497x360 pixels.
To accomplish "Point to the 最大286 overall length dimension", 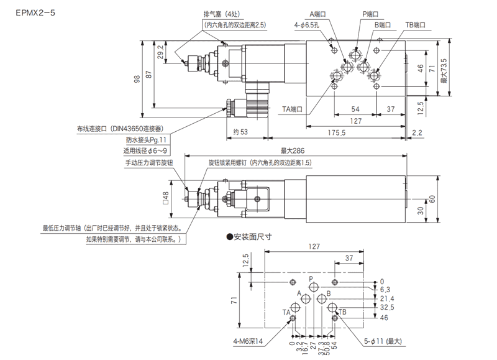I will pyautogui.click(x=292, y=150).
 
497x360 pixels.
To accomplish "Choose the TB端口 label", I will pyautogui.click(x=417, y=24).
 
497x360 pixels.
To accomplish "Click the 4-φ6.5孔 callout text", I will pyautogui.click(x=306, y=24).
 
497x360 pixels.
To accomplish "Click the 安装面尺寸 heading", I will pyautogui.click(x=252, y=237).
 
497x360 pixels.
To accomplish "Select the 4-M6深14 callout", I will pyautogui.click(x=248, y=341).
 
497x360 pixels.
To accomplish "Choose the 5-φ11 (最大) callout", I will pyautogui.click(x=385, y=341).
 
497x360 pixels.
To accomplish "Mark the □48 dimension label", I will pyautogui.click(x=165, y=198).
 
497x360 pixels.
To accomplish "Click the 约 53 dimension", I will pyautogui.click(x=237, y=132).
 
